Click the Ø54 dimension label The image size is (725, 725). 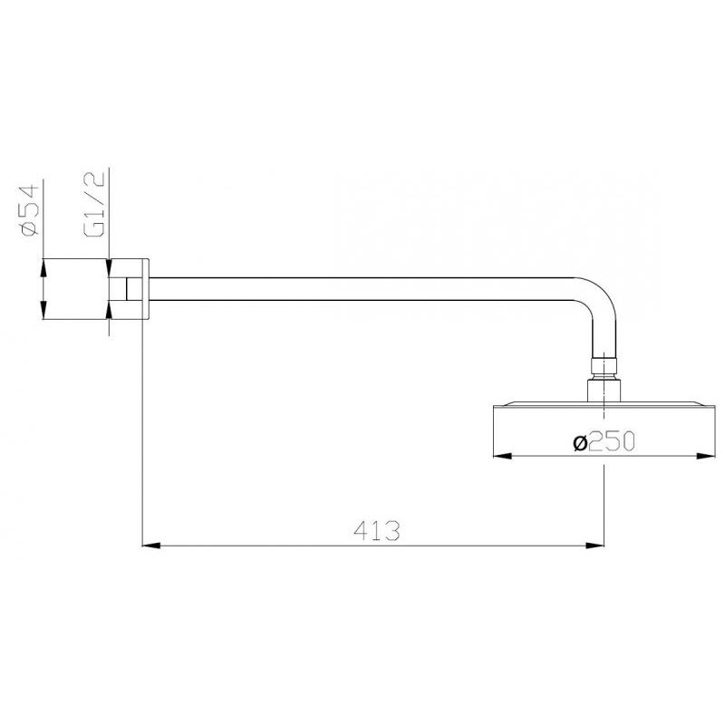pos(27,209)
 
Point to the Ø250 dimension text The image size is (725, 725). pos(601,441)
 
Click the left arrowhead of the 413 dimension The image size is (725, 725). pos(150,546)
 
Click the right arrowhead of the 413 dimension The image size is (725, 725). pos(598,546)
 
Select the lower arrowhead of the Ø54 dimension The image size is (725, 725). pos(43,312)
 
